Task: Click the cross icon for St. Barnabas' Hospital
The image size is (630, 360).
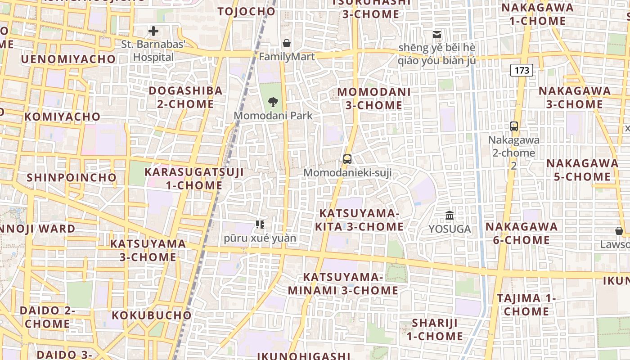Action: tap(153, 31)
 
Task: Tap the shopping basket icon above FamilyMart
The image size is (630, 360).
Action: tap(287, 43)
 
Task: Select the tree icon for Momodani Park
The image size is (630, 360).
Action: tap(273, 102)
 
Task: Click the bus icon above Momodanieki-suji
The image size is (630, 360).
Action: tap(347, 159)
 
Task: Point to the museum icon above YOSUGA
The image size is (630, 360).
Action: tap(450, 216)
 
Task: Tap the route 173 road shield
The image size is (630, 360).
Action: tap(522, 70)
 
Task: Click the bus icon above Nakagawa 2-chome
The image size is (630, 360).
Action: tap(514, 126)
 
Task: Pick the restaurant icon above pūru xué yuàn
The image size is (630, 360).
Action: tap(260, 224)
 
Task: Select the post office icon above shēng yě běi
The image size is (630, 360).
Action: tap(436, 34)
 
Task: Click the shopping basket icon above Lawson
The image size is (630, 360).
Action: tap(619, 231)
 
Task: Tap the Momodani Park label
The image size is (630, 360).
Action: tap(273, 116)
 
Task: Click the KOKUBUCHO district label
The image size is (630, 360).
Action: tap(152, 315)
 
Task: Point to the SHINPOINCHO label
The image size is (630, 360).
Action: tap(72, 177)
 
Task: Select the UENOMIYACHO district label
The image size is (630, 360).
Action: tap(68, 59)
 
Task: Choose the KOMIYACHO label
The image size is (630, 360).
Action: tap(62, 117)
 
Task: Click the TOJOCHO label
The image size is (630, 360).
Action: tap(247, 11)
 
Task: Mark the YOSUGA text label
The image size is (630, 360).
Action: tap(450, 229)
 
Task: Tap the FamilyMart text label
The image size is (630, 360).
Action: tap(287, 57)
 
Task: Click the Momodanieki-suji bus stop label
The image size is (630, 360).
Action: tap(347, 172)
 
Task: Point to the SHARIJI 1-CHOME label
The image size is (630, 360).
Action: tap(435, 329)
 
